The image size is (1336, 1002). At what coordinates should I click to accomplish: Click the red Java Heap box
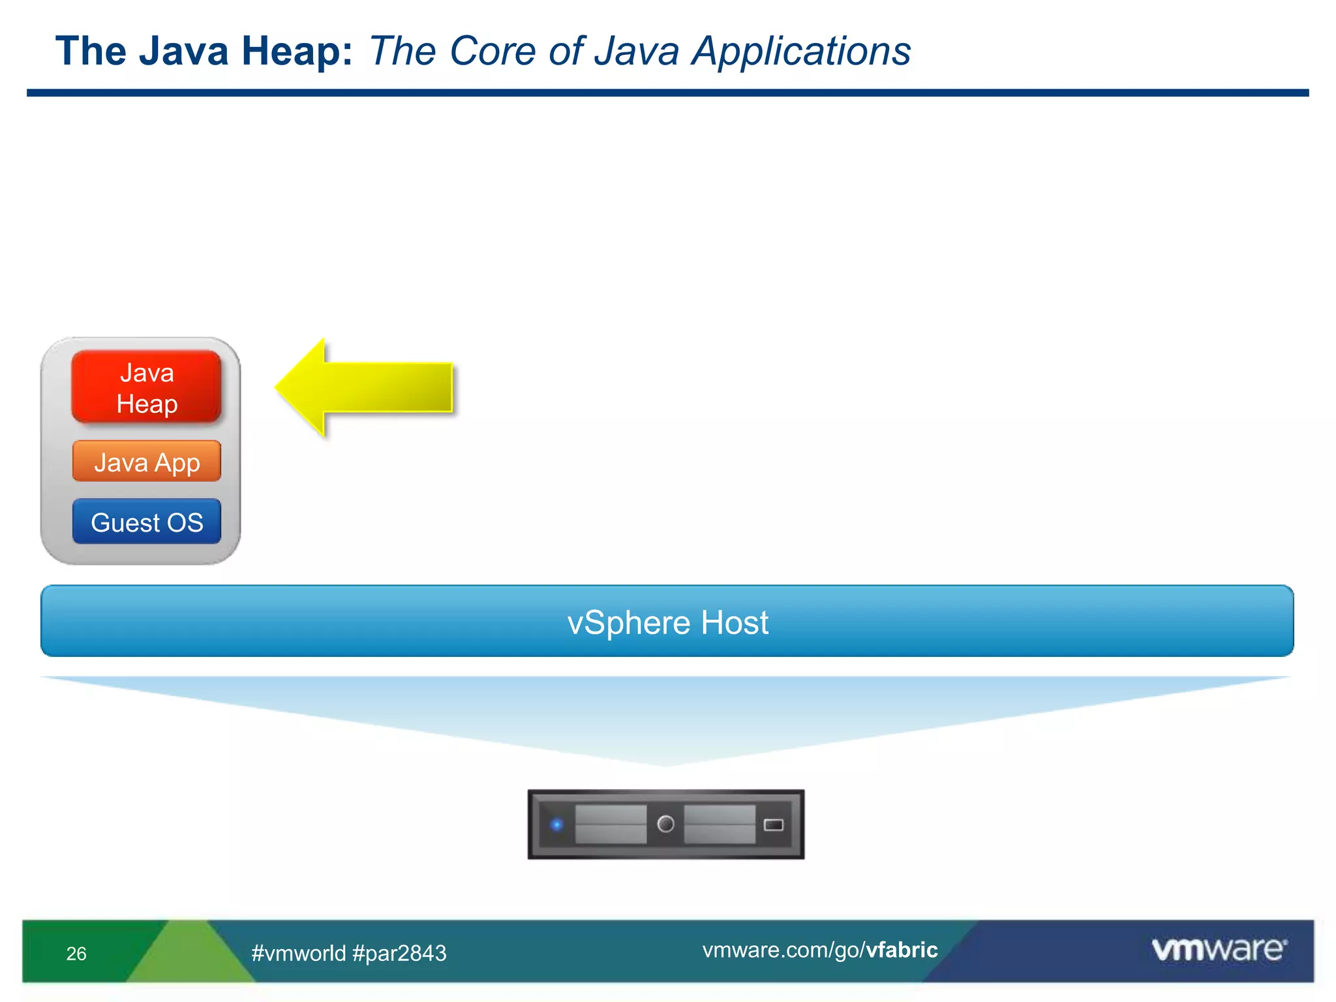click(146, 387)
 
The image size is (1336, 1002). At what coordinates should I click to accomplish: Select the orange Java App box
click(146, 461)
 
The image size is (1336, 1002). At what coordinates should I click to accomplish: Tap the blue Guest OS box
click(146, 521)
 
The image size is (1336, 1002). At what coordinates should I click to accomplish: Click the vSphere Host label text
click(667, 622)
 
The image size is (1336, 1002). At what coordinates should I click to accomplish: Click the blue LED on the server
click(556, 825)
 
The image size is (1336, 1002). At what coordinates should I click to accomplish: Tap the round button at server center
click(665, 824)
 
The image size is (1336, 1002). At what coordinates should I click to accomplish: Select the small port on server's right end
click(773, 825)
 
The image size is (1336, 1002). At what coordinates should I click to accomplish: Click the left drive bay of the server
click(611, 825)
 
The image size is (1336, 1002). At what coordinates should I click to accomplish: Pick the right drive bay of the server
click(720, 825)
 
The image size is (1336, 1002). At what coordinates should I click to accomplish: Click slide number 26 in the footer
click(76, 954)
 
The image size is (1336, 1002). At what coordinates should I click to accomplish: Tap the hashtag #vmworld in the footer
click(299, 953)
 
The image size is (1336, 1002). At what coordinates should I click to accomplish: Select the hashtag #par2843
click(399, 953)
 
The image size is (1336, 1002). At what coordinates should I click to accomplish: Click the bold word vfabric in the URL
click(902, 950)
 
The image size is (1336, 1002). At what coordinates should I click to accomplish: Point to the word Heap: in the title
click(297, 51)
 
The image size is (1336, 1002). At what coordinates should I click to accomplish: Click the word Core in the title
click(493, 51)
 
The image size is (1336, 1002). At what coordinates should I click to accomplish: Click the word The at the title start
click(91, 51)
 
